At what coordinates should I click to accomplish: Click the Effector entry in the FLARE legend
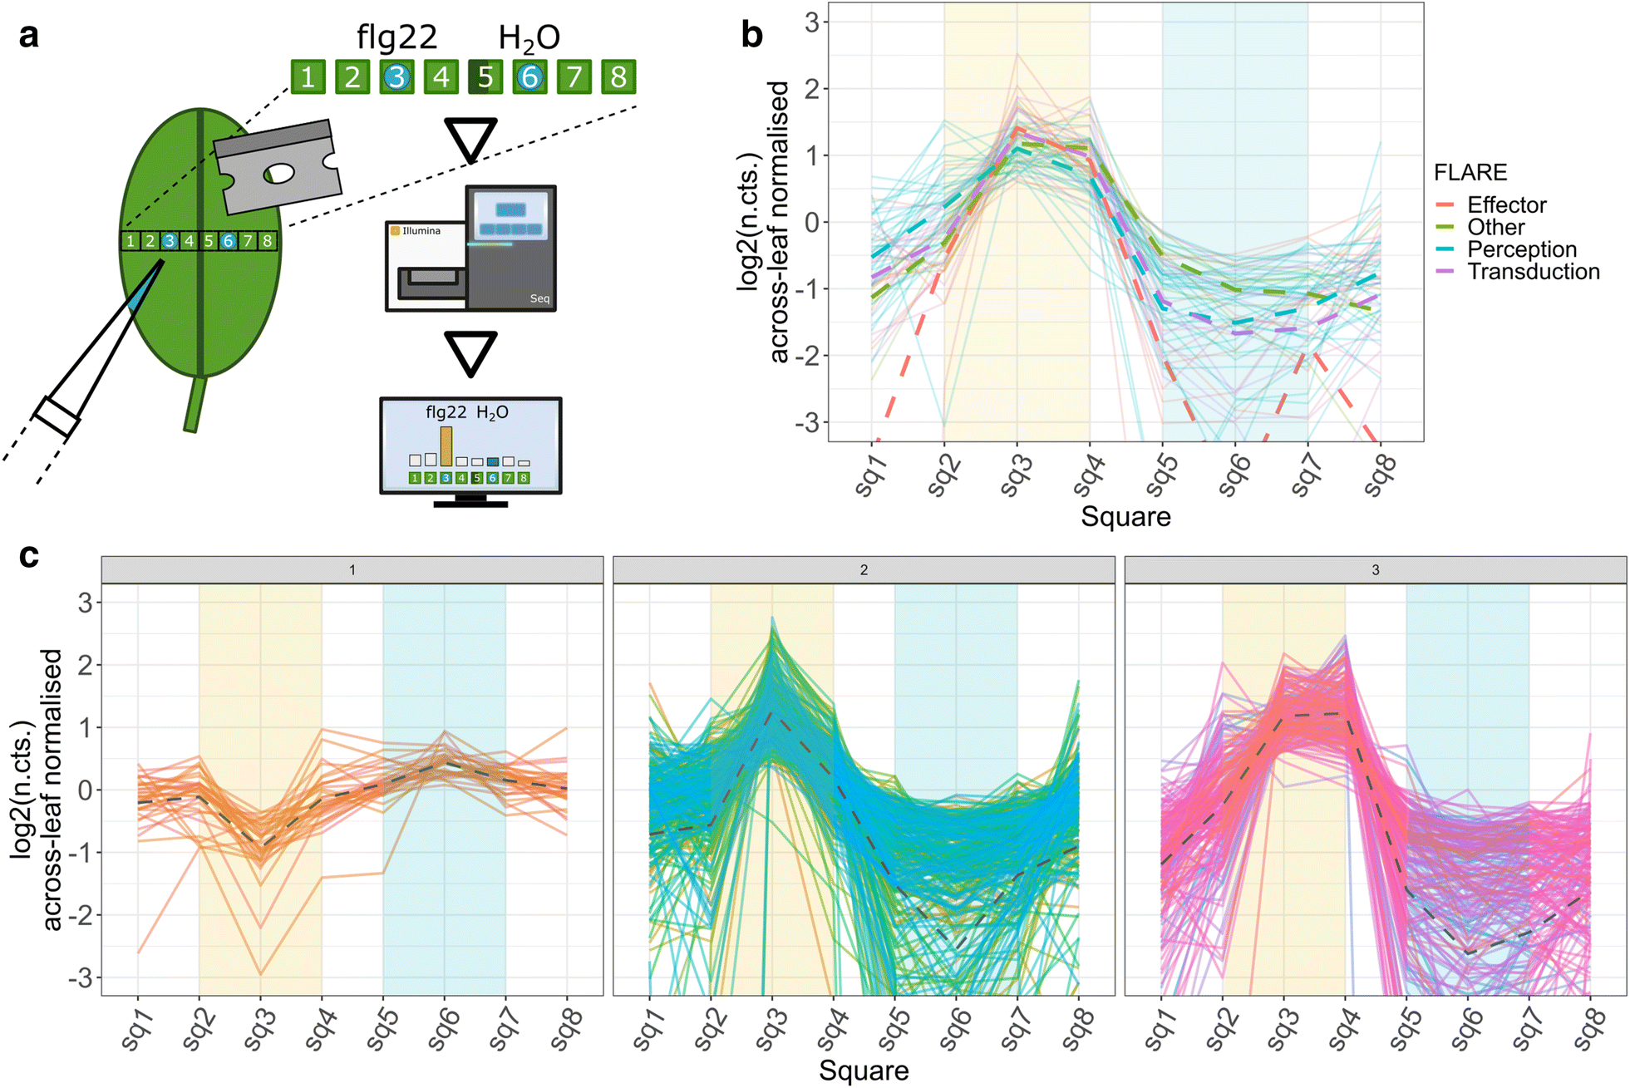tap(1505, 205)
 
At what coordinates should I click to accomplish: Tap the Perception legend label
tap(1521, 249)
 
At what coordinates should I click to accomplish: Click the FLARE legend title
tap(1470, 172)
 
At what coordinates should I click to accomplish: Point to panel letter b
tap(751, 35)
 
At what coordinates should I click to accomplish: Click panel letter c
tap(29, 554)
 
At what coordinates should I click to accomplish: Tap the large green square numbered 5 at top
tap(485, 77)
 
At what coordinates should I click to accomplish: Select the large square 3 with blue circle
tap(396, 77)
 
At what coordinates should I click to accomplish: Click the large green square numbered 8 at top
tap(618, 77)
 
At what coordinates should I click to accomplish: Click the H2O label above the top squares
tap(529, 38)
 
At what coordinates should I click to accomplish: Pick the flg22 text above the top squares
tap(396, 37)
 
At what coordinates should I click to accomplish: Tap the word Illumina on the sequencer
tap(421, 230)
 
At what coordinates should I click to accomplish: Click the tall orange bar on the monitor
tap(446, 446)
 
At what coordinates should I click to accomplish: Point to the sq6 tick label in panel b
tap(1233, 476)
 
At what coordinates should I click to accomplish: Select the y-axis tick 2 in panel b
tap(811, 89)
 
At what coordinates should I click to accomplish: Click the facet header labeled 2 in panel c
tap(863, 570)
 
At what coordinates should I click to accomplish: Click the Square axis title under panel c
tap(863, 1071)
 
